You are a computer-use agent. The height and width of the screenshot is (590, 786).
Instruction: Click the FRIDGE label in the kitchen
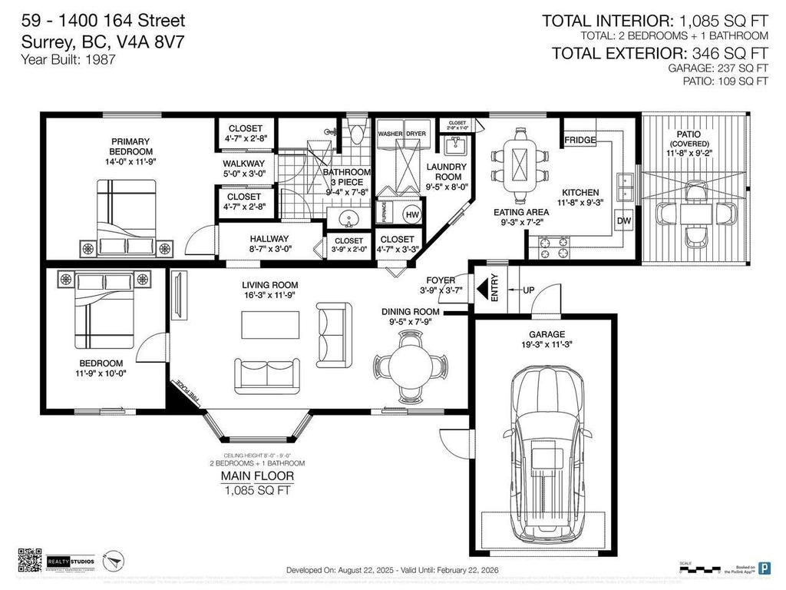point(580,141)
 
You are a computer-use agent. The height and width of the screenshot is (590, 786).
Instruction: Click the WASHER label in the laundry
point(390,134)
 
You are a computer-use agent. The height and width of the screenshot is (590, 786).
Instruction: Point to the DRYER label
point(416,134)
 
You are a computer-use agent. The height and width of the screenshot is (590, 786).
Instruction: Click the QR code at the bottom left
point(28,559)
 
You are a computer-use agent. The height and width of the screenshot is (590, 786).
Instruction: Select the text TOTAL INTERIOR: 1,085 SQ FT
point(655,21)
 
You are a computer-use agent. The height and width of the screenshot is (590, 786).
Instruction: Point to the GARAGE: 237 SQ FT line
point(718,68)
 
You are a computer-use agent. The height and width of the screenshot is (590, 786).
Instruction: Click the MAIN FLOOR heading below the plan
point(257,476)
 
